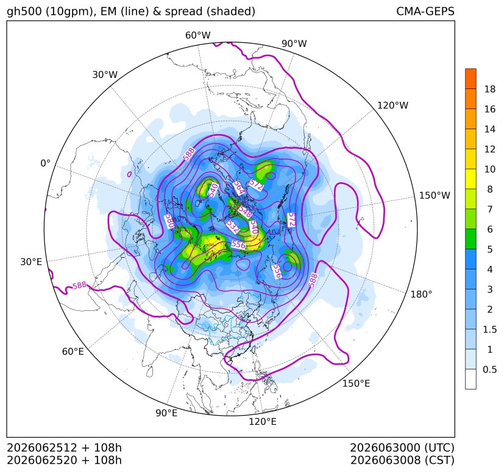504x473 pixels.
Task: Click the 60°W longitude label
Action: (x=197, y=35)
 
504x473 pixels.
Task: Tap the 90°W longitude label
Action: (x=294, y=43)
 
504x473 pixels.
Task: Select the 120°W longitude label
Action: (x=392, y=105)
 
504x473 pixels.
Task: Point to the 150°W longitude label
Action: (x=435, y=195)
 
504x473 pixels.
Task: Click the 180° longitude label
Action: (x=421, y=294)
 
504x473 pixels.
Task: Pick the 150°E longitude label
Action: (x=356, y=383)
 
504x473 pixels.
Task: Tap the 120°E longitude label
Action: (x=262, y=421)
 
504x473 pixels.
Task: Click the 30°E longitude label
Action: (x=31, y=261)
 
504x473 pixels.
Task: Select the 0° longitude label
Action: (x=45, y=163)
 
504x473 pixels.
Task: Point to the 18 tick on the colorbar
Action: (x=490, y=89)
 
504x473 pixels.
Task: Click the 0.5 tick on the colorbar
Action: (x=489, y=369)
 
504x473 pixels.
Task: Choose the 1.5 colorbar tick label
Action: (x=489, y=329)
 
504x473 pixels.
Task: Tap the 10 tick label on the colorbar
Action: (x=490, y=169)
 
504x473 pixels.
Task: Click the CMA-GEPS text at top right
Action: (x=425, y=11)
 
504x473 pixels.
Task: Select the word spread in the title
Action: (x=183, y=12)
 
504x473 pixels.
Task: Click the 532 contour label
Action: (x=233, y=226)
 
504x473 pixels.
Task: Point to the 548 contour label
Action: (x=244, y=212)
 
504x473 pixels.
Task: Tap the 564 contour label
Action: (x=239, y=188)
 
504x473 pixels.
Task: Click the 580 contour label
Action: (x=169, y=221)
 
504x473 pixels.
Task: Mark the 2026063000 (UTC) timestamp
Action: (x=402, y=447)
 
